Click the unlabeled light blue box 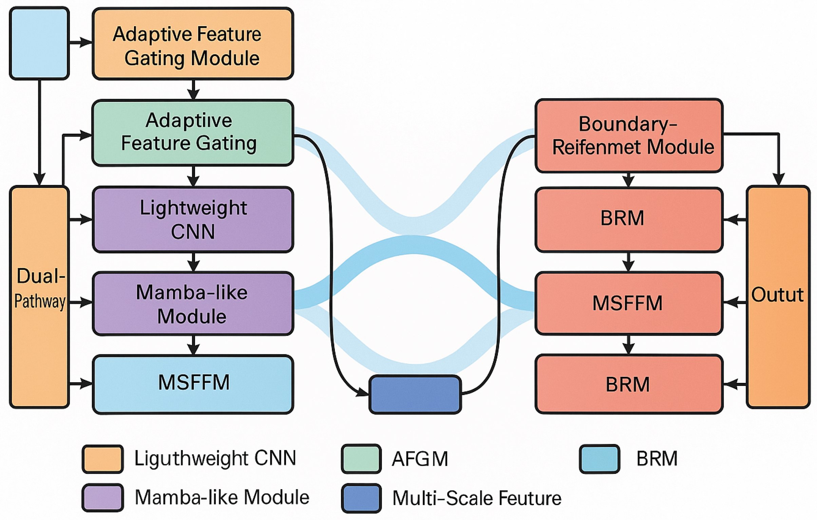[x=39, y=43]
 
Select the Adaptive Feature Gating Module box [x=193, y=44]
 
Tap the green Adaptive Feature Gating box [x=193, y=133]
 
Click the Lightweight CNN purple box [x=193, y=220]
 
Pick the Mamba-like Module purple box [x=193, y=304]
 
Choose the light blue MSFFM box [x=193, y=384]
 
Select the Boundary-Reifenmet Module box [x=629, y=136]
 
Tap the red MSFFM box [x=629, y=303]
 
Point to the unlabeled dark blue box [x=415, y=394]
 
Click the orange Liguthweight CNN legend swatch [x=102, y=459]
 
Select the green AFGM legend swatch [x=361, y=459]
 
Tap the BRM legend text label [x=657, y=459]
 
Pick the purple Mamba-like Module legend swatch [x=102, y=498]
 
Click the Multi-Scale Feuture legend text [x=477, y=498]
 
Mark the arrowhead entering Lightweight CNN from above [x=193, y=181]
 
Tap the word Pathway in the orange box [x=40, y=301]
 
